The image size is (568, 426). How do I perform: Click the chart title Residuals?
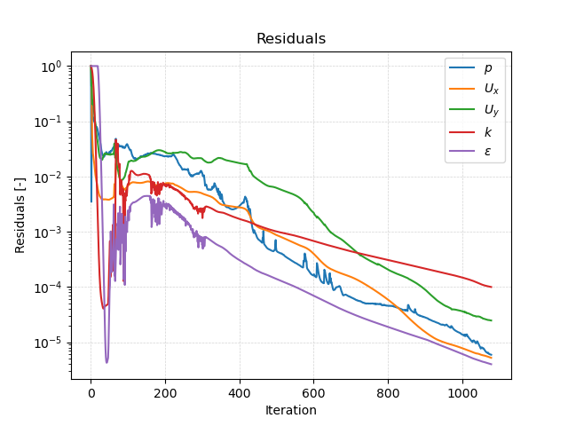pyautogui.click(x=290, y=39)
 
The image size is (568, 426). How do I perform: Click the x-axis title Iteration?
pyautogui.click(x=290, y=410)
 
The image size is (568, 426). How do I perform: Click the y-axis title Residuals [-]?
pyautogui.click(x=20, y=216)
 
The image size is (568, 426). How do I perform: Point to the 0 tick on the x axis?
pyautogui.click(x=91, y=393)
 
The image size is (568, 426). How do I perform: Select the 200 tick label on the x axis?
pyautogui.click(x=165, y=393)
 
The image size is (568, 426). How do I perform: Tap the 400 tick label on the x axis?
pyautogui.click(x=240, y=393)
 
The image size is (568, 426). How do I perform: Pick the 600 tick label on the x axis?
pyautogui.click(x=313, y=393)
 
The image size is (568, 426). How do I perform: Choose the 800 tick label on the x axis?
pyautogui.click(x=388, y=393)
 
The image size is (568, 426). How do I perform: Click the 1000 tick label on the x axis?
pyautogui.click(x=462, y=393)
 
